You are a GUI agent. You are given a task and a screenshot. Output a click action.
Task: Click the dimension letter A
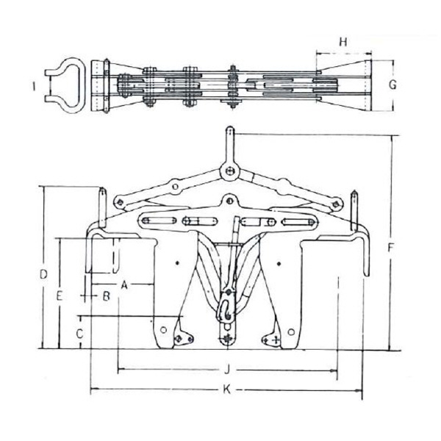124,285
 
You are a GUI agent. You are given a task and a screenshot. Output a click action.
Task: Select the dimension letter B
106,296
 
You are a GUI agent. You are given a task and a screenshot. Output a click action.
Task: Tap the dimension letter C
80,334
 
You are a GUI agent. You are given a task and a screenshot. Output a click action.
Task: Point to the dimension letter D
43,274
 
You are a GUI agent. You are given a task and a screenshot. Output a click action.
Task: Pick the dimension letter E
59,296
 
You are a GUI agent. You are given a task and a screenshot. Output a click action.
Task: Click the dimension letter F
390,248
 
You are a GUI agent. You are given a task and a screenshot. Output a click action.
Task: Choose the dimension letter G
392,85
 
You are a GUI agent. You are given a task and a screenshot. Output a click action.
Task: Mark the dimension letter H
343,42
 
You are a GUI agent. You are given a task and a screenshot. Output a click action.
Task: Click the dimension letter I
34,86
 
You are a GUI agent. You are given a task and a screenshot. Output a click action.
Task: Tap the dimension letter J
227,370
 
